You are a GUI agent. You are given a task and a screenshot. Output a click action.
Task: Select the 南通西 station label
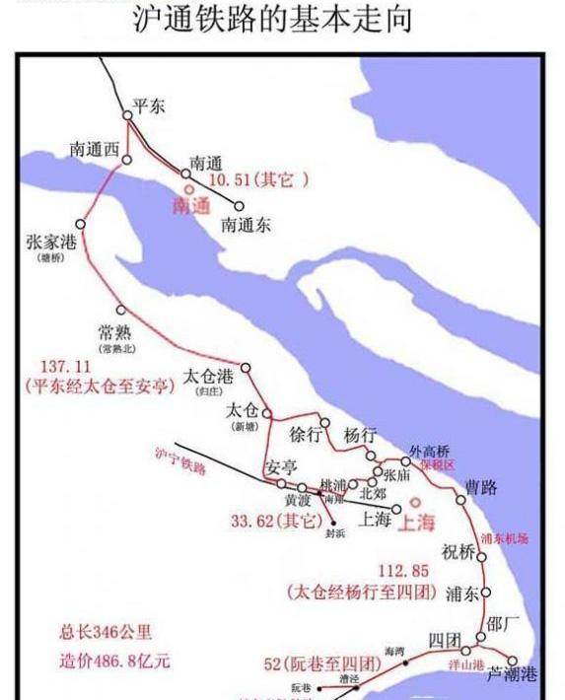[x=94, y=149]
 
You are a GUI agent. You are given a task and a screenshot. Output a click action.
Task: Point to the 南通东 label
[x=246, y=224]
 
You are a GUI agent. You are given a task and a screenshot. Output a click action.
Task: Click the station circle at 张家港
[x=81, y=224]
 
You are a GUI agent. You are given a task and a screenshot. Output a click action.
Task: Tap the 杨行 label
[x=360, y=435]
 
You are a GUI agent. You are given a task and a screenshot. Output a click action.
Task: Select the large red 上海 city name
[x=415, y=524]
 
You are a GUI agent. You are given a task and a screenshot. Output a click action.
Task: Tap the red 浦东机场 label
[x=505, y=538]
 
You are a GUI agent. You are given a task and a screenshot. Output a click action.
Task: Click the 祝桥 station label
[x=459, y=550]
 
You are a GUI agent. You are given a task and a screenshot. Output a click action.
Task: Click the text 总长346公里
[x=106, y=632]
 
